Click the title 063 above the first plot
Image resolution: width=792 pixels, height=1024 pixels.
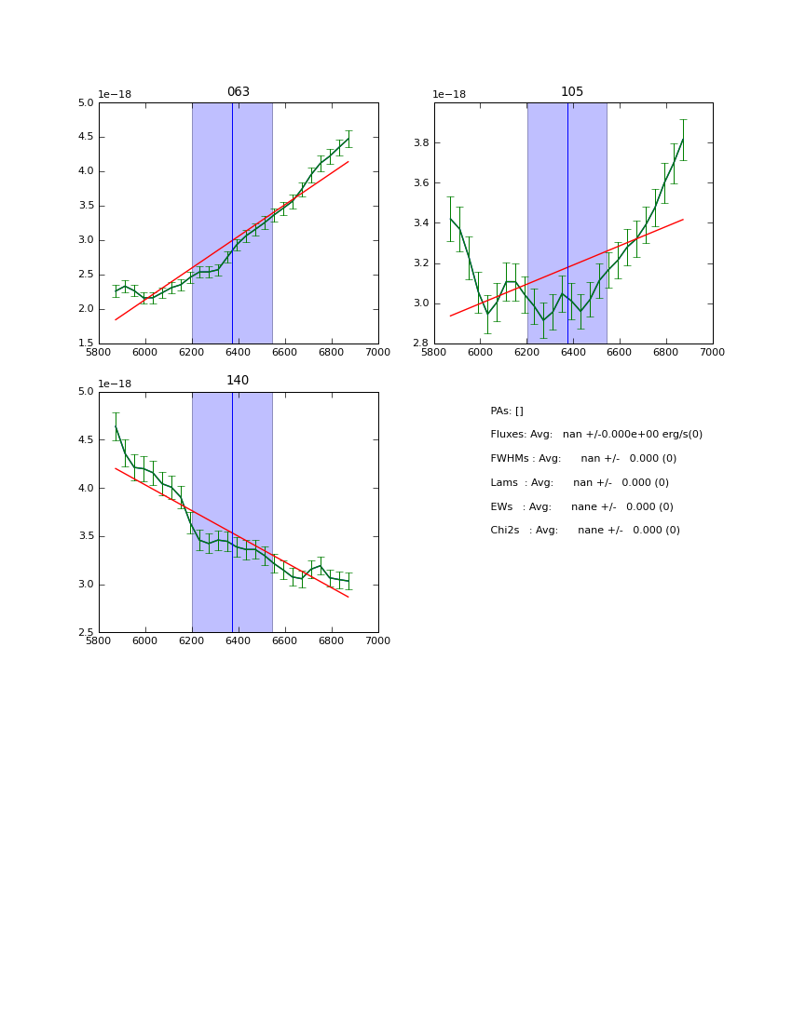click(x=239, y=92)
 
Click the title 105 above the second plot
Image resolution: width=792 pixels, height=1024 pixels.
click(x=572, y=92)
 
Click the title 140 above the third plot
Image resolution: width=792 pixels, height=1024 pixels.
click(x=239, y=381)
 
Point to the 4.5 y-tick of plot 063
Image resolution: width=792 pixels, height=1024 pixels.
click(x=86, y=137)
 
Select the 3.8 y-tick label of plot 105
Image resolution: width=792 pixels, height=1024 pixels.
click(x=419, y=143)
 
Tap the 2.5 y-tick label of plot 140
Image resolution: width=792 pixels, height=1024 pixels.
click(x=86, y=633)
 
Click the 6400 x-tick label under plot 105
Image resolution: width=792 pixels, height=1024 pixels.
click(x=573, y=352)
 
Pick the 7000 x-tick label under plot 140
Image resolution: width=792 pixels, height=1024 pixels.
click(x=378, y=640)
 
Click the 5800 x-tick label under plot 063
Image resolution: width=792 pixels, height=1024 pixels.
click(x=99, y=352)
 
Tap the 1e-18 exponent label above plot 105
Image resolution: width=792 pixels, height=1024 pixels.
click(x=449, y=95)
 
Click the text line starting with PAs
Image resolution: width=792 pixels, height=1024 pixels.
click(x=507, y=411)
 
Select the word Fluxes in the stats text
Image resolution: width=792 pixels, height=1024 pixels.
click(x=509, y=435)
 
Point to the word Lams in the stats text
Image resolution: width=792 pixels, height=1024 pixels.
click(x=504, y=483)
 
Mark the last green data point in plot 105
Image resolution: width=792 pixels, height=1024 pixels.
click(x=683, y=140)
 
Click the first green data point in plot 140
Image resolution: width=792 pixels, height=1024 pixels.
click(x=116, y=426)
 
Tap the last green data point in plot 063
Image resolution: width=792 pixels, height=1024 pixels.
click(x=348, y=139)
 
